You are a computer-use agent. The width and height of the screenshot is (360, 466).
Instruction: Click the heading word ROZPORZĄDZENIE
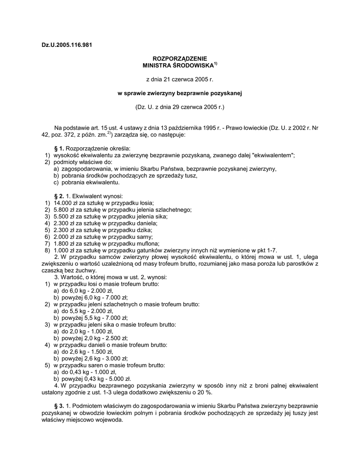(x=179, y=59)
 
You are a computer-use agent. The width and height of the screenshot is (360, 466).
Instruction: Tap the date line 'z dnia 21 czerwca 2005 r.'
(x=179, y=80)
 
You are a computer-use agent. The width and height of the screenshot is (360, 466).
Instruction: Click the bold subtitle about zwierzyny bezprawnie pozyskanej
(x=179, y=94)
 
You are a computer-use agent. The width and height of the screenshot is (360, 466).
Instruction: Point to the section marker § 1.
(x=59, y=148)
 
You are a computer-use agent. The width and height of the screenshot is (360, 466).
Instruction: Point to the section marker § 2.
(x=59, y=196)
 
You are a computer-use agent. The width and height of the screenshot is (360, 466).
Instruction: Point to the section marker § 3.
(x=59, y=405)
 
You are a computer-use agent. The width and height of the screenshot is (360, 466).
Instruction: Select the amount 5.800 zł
(x=65, y=209)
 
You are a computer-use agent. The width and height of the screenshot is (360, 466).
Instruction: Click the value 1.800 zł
(x=65, y=243)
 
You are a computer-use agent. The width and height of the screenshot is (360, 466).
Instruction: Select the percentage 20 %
(x=206, y=392)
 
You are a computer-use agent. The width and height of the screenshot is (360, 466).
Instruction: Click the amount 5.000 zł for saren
(x=119, y=378)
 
